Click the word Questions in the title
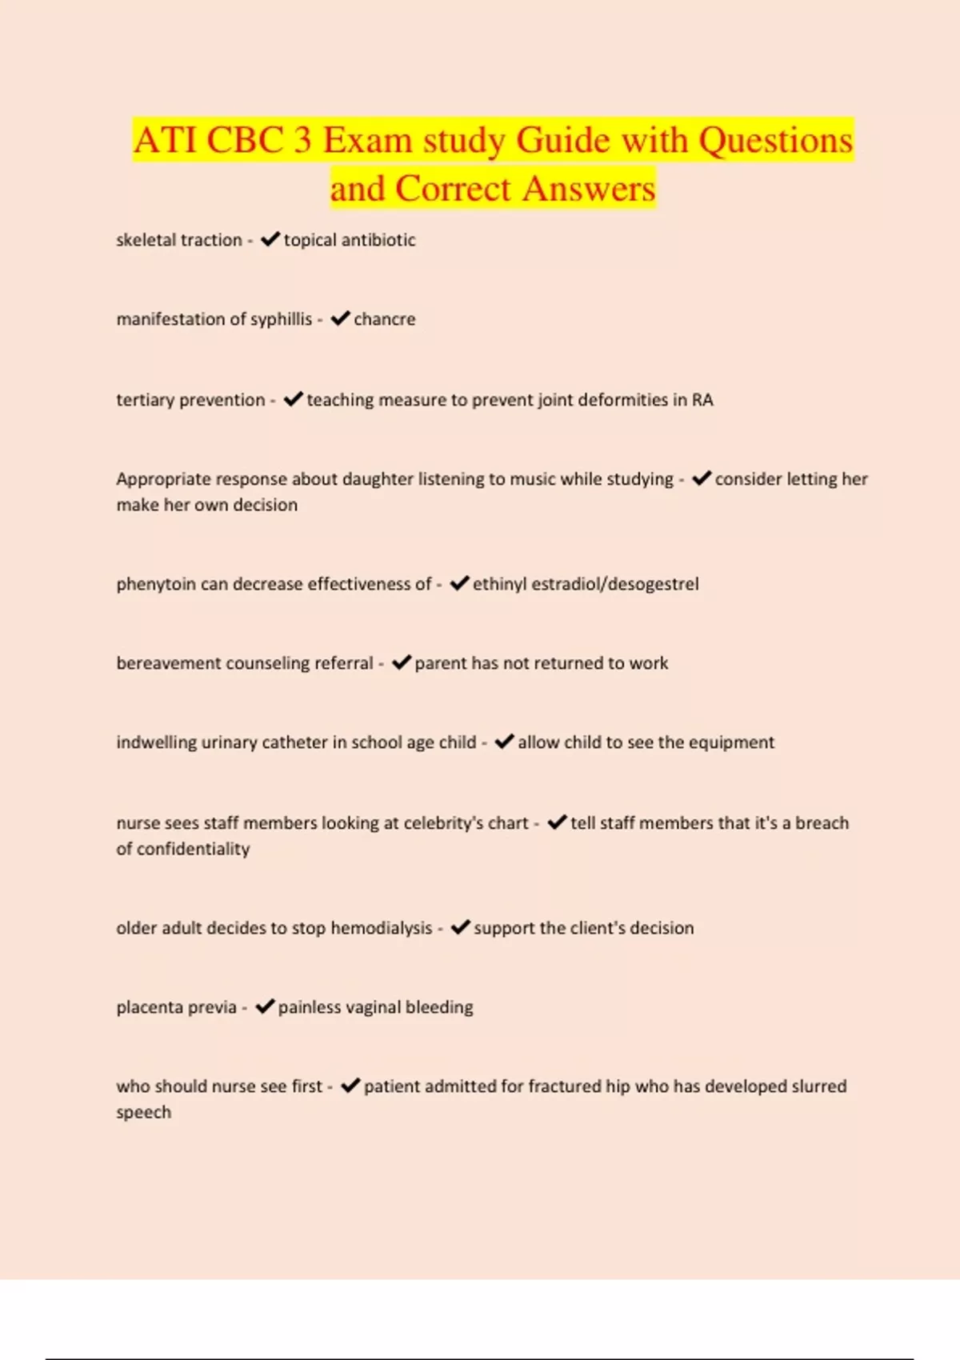click(x=775, y=141)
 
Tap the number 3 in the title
click(x=302, y=141)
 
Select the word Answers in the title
click(x=589, y=190)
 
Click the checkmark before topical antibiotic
click(x=270, y=239)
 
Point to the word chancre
click(x=384, y=319)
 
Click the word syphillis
click(x=281, y=319)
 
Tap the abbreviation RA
click(x=702, y=400)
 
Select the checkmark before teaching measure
click(x=293, y=399)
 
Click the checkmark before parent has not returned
click(x=401, y=662)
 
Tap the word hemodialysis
click(x=382, y=928)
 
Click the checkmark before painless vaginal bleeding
click(x=264, y=1006)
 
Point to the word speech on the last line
click(x=143, y=1113)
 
